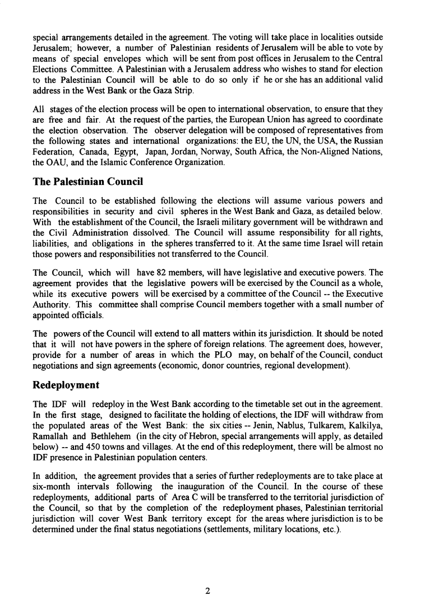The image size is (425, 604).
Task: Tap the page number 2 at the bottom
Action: pyautogui.click(x=207, y=590)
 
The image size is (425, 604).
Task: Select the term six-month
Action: pyautogui.click(x=50, y=482)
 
